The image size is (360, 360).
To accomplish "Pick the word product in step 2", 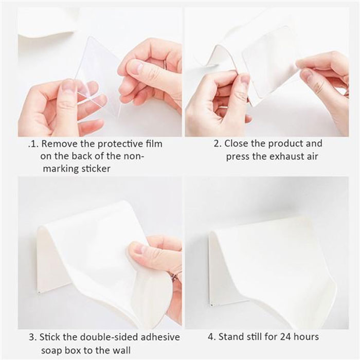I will pos(288,143).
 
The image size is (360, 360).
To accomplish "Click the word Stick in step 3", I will pos(51,337).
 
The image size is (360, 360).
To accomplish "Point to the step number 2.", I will pos(217,144).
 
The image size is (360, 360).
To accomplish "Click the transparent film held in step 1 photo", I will pos(100,69).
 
